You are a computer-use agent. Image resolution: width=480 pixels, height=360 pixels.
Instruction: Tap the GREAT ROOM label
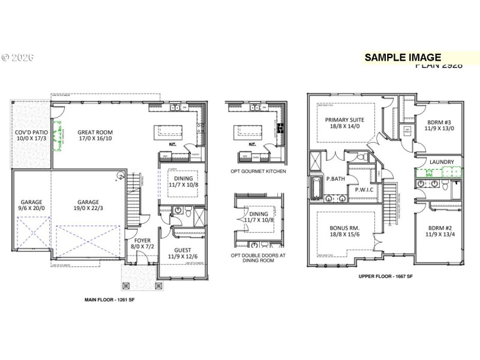(95, 133)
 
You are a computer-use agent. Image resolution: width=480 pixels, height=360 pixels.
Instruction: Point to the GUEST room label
(182, 250)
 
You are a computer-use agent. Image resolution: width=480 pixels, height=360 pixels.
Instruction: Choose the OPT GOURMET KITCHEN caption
(258, 172)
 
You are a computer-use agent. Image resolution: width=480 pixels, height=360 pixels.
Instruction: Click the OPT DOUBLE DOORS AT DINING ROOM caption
(259, 257)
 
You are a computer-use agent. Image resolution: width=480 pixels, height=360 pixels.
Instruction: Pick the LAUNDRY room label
(441, 162)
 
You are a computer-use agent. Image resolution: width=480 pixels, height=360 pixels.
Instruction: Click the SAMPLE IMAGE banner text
(403, 57)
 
